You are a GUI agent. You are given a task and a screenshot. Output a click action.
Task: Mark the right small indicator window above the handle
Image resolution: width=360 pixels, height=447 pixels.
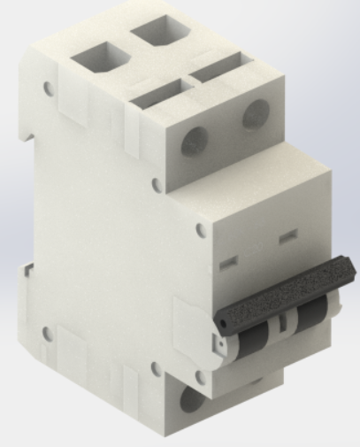tap(286, 238)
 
